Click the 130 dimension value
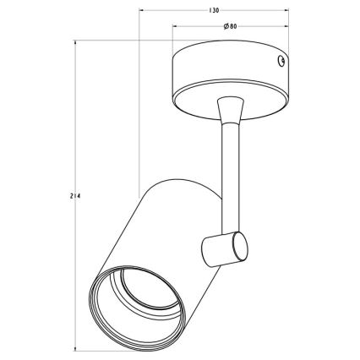coord(214,11)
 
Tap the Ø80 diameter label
coord(230,26)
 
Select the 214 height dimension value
coord(75,196)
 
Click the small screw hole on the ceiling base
coord(281,61)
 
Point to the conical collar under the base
coord(230,110)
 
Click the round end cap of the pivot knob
coord(240,246)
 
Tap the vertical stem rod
coord(230,177)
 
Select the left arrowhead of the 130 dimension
coord(142,11)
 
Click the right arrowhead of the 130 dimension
coord(286,11)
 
